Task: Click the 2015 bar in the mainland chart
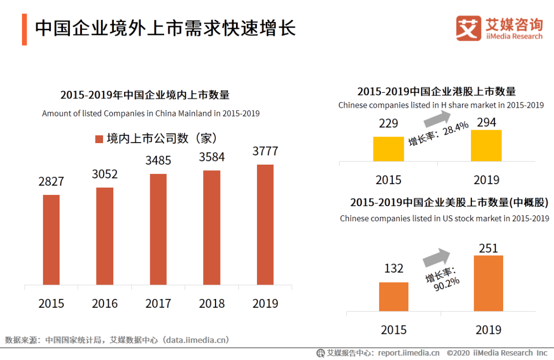click(51, 239)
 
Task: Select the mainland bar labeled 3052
click(105, 236)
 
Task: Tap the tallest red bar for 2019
click(265, 225)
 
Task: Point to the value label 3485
click(158, 161)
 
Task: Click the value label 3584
click(212, 157)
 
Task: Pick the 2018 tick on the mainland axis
click(212, 303)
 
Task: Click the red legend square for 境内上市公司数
click(99, 139)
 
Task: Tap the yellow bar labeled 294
click(486, 145)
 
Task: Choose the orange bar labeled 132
click(394, 296)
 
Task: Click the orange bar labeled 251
click(488, 283)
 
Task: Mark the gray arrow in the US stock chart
click(436, 256)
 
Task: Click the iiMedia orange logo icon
click(468, 28)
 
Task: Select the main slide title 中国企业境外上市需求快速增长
click(165, 28)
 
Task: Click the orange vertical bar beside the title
click(24, 29)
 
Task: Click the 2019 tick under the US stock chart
click(488, 329)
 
